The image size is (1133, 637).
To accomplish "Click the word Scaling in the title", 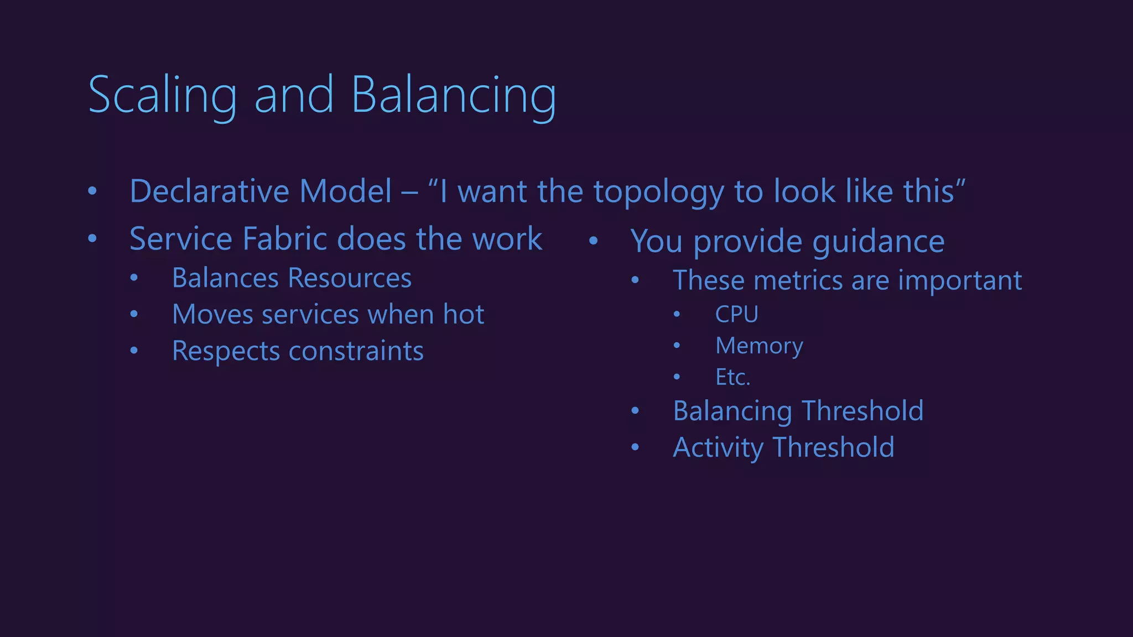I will tap(162, 95).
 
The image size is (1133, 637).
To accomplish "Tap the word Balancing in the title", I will tap(453, 95).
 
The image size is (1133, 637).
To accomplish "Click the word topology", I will tap(658, 191).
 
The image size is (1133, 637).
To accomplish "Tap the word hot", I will tap(464, 314).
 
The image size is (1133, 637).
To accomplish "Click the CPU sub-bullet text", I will tap(736, 314).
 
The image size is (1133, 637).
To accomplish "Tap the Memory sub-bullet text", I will tap(759, 346).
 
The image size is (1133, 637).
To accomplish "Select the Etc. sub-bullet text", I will tap(732, 377).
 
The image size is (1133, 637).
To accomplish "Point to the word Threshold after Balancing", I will tap(862, 411).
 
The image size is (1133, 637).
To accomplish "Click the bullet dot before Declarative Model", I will tap(92, 191).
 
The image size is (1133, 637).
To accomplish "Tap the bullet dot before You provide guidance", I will tap(593, 241).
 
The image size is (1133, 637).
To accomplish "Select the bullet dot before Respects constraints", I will tap(134, 351).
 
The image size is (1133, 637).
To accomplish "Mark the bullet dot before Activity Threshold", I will tap(635, 447).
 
